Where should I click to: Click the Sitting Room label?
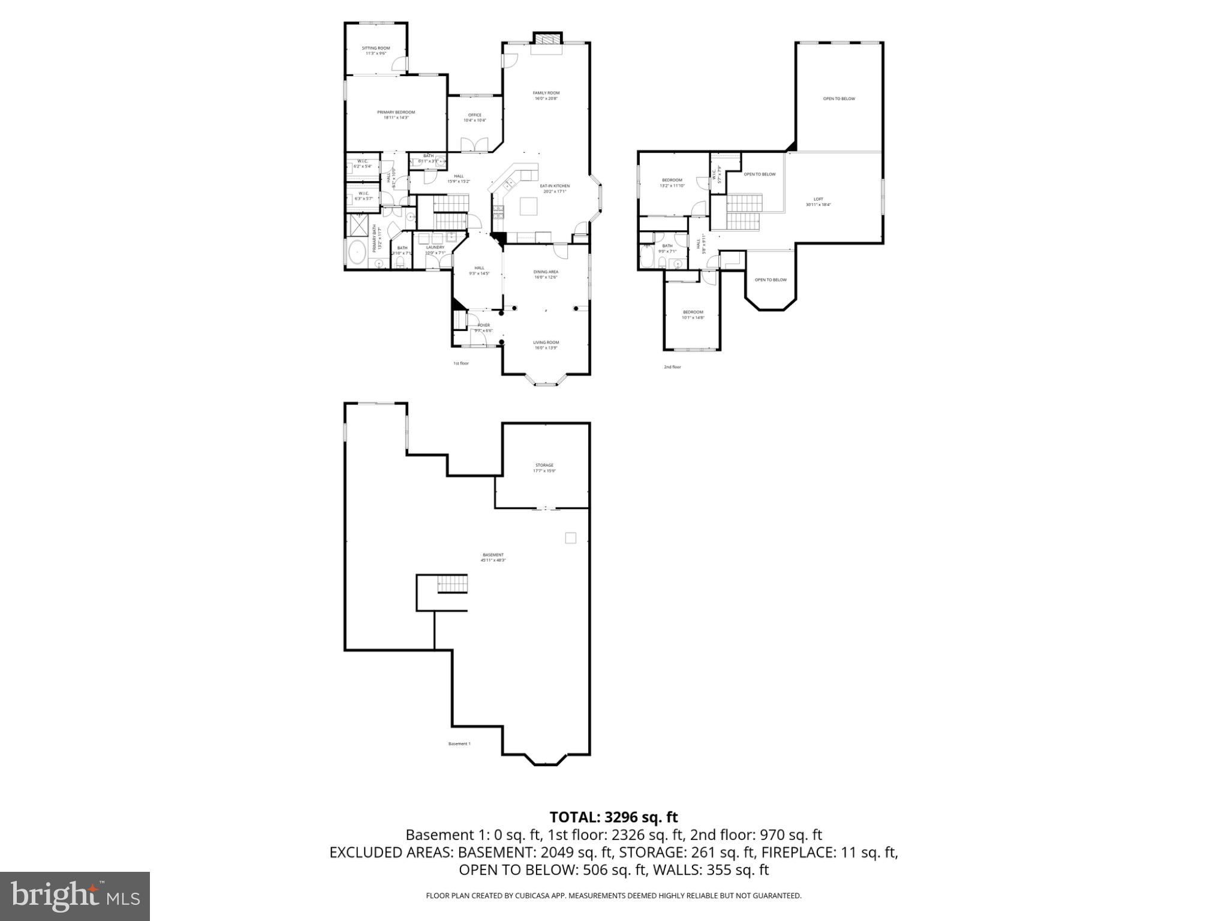[376, 50]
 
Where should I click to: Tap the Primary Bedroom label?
[396, 115]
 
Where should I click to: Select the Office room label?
[474, 118]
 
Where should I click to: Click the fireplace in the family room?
[547, 39]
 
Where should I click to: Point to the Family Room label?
[546, 95]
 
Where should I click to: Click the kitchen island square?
[528, 206]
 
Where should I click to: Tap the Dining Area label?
[546, 274]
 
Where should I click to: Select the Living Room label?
[546, 345]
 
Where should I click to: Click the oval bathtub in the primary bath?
[357, 252]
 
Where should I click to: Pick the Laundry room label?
[435, 249]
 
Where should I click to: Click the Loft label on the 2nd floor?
[818, 201]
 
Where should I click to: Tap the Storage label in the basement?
[544, 468]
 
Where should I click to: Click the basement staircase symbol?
[452, 583]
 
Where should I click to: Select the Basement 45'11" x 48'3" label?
[493, 557]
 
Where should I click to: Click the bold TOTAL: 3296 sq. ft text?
[613, 817]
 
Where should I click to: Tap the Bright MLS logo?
[75, 896]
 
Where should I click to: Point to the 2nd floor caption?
[672, 367]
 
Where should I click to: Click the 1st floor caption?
[460, 363]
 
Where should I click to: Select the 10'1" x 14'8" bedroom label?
[693, 315]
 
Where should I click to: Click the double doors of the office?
[474, 144]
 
